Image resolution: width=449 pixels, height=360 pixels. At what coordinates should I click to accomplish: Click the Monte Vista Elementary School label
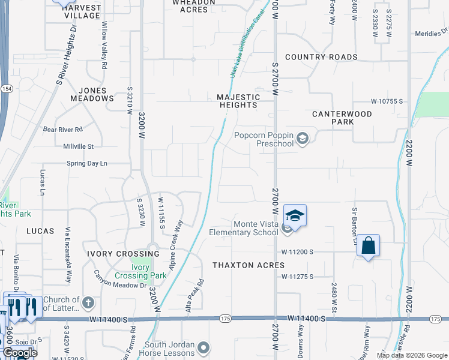pos(244,228)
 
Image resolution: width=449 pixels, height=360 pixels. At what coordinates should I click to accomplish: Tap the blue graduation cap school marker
pos(295,215)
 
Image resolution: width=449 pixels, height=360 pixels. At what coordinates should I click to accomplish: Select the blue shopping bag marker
pos(368,245)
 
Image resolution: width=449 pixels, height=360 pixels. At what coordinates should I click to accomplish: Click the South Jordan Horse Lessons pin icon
pos(204,347)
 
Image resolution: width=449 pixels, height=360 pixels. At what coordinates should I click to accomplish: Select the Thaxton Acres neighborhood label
pos(249,265)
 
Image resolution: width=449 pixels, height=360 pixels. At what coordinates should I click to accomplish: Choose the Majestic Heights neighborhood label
pos(238,101)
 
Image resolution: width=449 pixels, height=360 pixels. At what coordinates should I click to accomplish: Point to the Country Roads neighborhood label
pos(321,57)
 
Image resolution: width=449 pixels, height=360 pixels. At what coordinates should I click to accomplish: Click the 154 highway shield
pos(7,88)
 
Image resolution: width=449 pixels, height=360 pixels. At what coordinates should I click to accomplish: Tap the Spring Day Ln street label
pos(86,163)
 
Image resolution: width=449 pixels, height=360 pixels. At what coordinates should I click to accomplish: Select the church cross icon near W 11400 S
pos(88,302)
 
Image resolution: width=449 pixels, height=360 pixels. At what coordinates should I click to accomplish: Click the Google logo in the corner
pos(20,353)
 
